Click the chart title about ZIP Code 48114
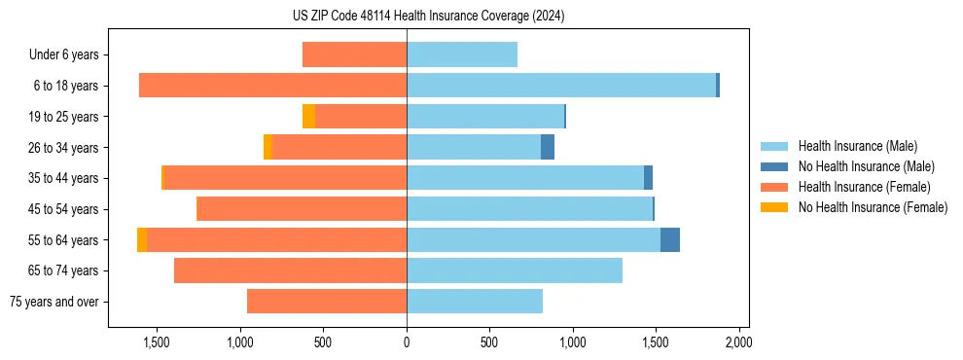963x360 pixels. tap(428, 17)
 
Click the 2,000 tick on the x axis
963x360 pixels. tap(738, 342)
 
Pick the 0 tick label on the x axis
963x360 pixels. tap(407, 342)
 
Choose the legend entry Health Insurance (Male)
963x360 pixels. tap(857, 146)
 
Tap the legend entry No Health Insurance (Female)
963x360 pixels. tap(873, 207)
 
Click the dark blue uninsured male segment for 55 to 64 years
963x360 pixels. tap(670, 240)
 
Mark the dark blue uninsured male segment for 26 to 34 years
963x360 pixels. tap(548, 147)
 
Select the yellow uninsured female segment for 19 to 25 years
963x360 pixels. tap(308, 117)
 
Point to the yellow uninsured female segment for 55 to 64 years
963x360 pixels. tap(142, 240)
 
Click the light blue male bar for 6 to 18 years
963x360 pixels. tap(561, 86)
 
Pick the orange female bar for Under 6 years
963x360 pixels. tap(354, 54)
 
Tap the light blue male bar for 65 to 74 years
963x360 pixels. tap(515, 270)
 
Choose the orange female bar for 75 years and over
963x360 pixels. tap(327, 302)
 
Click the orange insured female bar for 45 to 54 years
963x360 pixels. tap(302, 209)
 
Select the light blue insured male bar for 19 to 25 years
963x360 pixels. tap(485, 117)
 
